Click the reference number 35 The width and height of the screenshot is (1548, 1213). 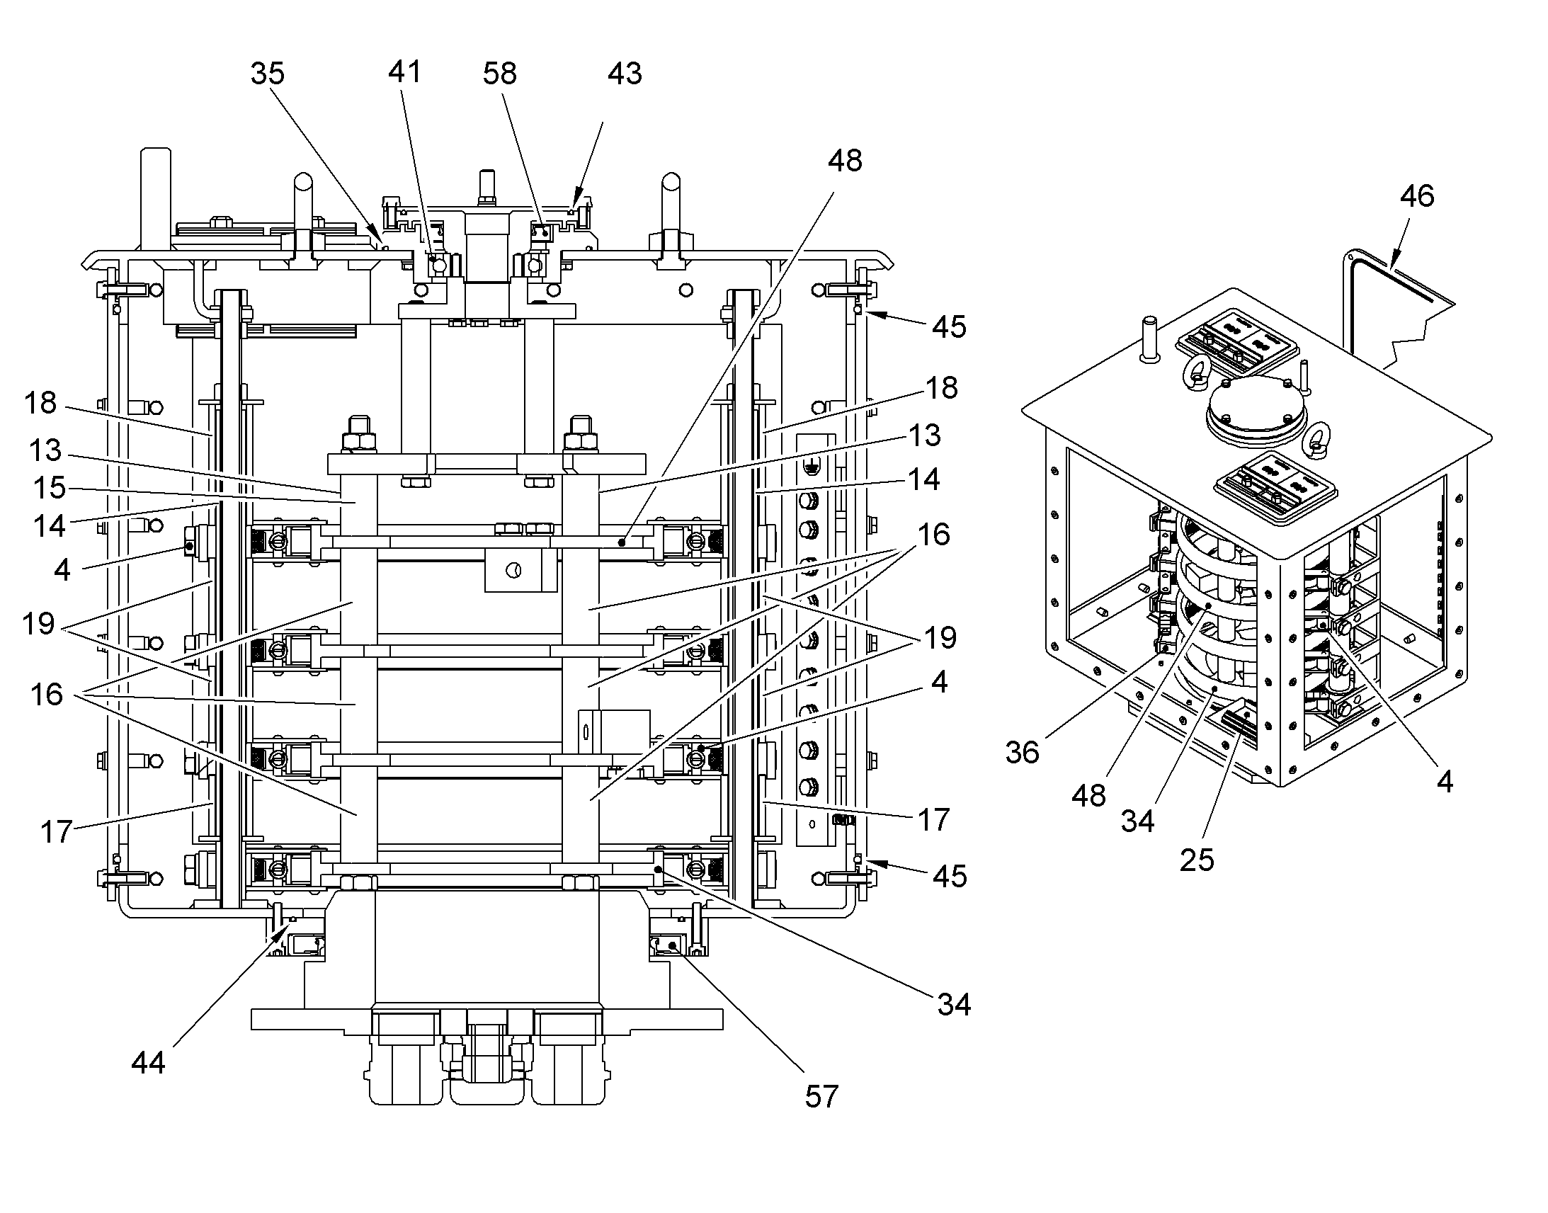coord(268,73)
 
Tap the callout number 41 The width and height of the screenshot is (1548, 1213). coord(405,72)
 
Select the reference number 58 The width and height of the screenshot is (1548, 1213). coord(500,73)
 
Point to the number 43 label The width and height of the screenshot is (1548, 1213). coord(625,73)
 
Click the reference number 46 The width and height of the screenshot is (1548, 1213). coord(1417,195)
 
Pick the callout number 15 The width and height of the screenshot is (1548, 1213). coord(49,488)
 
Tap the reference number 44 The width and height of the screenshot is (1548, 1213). coord(149,1062)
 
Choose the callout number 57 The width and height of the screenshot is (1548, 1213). coord(821,1097)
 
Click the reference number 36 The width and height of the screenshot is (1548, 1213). coord(1023,752)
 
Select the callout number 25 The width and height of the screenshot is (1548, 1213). coord(1197,860)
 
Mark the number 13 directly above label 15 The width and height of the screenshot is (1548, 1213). coord(45,450)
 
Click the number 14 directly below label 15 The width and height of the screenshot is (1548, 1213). coord(50,526)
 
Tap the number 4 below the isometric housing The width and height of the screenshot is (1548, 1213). coord(1445,782)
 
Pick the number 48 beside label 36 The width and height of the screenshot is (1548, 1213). coord(1089,796)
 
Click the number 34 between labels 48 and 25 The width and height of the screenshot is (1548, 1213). coord(1137,821)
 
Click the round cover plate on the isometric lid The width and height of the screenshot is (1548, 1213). coord(1258,411)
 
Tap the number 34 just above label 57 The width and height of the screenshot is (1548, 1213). coord(954,1004)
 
